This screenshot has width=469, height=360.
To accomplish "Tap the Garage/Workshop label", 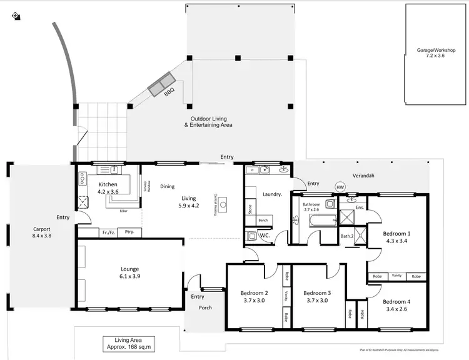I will click(436, 49).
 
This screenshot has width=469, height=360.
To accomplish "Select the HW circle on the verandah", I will click(340, 187).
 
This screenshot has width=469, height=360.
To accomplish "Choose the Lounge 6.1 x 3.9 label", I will click(129, 272).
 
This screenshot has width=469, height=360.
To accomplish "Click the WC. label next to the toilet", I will click(265, 236).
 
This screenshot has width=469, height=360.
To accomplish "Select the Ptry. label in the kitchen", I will click(129, 232).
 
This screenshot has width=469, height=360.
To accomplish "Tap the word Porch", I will click(204, 307).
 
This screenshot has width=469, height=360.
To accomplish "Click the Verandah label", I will click(363, 176).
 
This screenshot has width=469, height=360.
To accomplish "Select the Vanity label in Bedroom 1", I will click(396, 276).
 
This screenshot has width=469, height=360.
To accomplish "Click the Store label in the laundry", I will click(250, 207).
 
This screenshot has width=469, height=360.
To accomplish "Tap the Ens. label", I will click(360, 207).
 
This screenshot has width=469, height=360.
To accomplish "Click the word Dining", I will click(167, 186).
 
